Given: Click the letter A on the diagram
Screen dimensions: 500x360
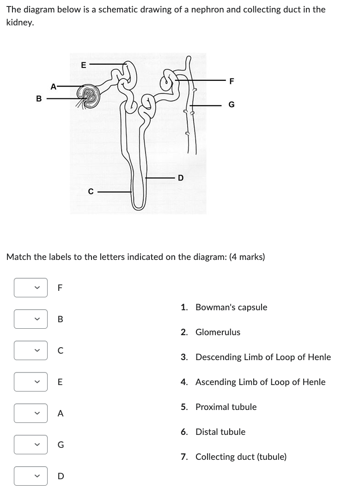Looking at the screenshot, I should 54,86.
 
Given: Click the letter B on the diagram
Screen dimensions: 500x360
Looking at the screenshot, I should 39,98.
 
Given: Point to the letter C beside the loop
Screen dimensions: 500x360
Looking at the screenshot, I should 91,191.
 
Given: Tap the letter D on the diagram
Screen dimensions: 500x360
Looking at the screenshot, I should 181,177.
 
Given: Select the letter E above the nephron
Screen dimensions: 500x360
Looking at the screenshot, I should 83,65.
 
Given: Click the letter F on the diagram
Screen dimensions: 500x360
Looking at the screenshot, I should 232,81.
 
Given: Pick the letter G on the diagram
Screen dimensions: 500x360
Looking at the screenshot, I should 232,105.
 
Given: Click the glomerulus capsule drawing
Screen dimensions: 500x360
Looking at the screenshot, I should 89,96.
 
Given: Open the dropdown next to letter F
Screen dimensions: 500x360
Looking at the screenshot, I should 31,288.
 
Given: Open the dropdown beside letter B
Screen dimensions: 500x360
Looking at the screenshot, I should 31,319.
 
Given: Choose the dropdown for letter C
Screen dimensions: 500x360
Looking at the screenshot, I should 31,350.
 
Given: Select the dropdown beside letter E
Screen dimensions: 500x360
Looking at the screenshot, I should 31,382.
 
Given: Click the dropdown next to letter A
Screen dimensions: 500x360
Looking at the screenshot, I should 31,413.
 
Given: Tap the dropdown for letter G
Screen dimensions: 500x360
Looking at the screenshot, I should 31,445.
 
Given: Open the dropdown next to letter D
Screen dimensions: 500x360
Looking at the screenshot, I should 31,476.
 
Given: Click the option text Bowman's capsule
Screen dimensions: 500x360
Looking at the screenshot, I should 231,307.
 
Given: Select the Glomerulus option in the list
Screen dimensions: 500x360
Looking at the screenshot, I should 218,332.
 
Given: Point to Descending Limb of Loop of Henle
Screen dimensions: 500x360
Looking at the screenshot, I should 263,357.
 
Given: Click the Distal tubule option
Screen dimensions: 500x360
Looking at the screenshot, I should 220,432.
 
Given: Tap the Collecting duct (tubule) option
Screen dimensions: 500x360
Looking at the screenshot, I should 241,457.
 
